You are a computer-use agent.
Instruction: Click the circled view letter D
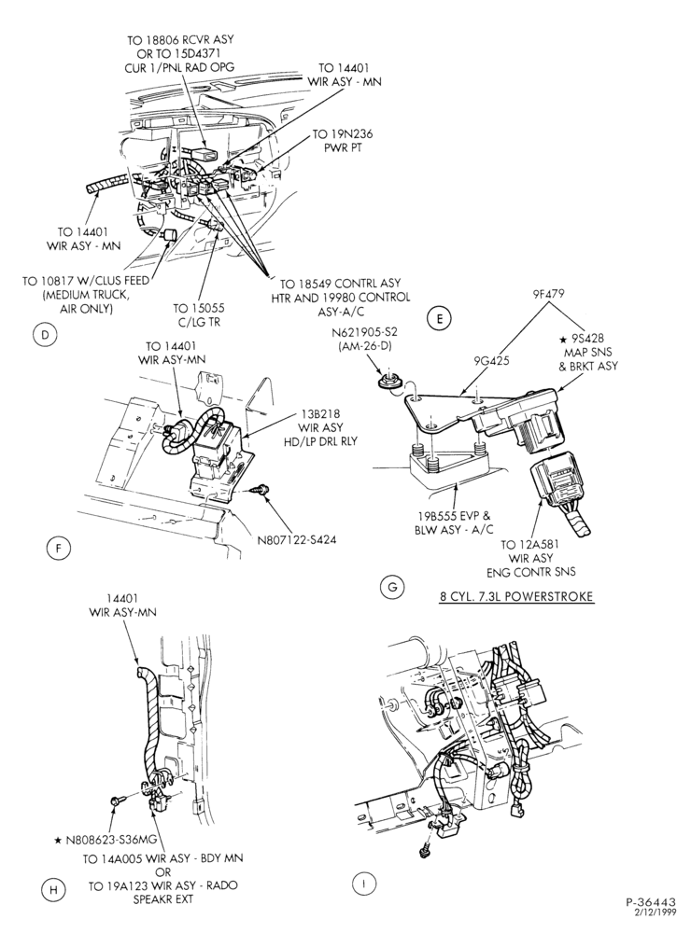tap(45, 335)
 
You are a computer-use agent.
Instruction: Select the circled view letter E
tap(439, 318)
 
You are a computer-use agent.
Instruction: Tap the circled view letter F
tap(59, 548)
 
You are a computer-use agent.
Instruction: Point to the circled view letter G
tap(392, 587)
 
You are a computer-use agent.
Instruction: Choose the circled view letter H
tap(53, 890)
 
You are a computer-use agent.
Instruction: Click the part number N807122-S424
tap(296, 541)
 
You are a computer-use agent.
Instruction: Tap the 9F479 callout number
tap(548, 293)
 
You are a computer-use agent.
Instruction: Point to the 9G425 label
tap(491, 360)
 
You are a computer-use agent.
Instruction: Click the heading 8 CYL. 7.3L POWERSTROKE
tap(515, 595)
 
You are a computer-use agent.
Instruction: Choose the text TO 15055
tap(200, 308)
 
